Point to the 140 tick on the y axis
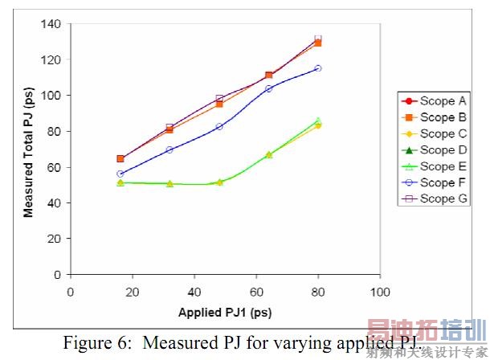tap(52, 24)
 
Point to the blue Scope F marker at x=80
tap(318, 68)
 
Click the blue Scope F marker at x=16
tap(120, 174)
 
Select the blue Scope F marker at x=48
tap(219, 126)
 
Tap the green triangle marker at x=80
tap(318, 121)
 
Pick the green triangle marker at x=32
tap(169, 183)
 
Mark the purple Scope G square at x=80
tap(318, 39)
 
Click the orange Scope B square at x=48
tap(219, 104)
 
